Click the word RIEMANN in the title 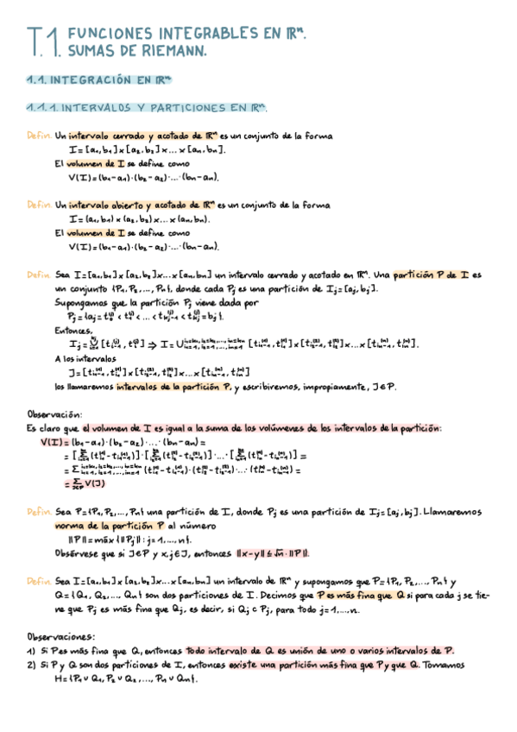(172, 52)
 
